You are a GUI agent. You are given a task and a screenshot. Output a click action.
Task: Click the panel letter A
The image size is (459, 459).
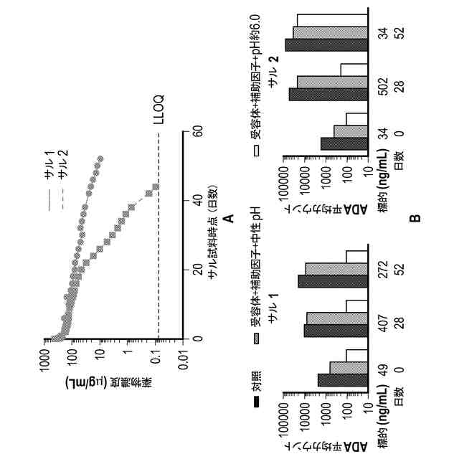229,217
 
